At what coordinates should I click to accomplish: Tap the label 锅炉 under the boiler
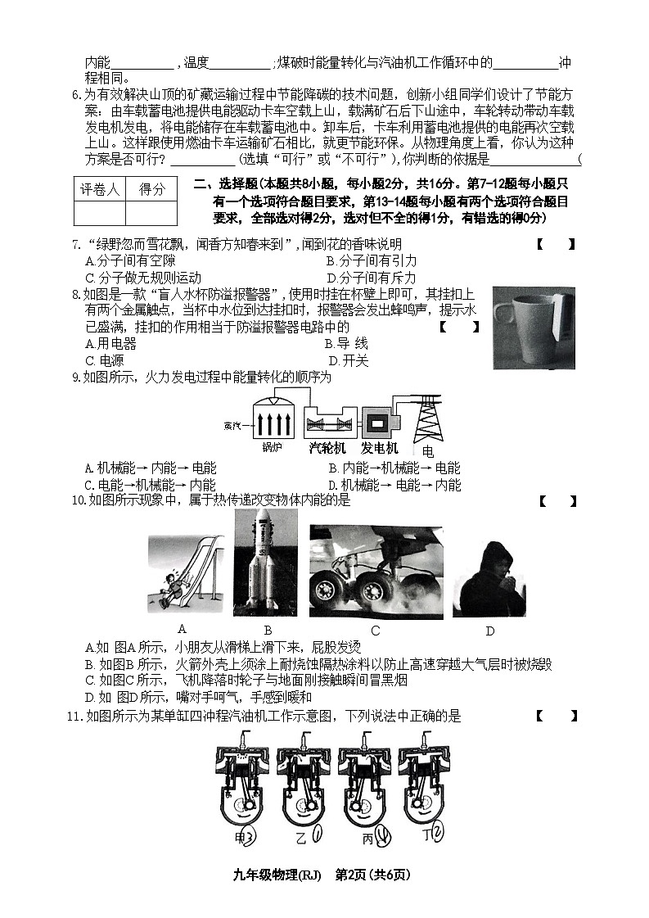272,448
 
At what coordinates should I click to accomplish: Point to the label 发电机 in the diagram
380,448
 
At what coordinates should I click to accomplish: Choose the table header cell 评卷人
99,189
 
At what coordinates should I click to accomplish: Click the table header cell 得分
151,189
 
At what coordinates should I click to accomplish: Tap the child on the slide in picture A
169,590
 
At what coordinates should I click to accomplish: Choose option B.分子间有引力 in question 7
371,260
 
